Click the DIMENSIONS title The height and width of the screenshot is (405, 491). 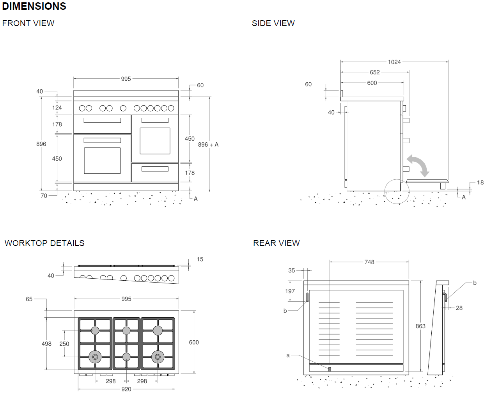34,6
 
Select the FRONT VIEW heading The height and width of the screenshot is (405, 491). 28,23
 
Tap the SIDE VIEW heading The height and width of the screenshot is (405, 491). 273,23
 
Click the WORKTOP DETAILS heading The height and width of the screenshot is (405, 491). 44,243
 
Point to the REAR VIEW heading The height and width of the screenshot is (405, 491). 276,243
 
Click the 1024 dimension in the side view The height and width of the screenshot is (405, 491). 394,62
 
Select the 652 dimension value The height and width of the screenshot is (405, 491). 374,72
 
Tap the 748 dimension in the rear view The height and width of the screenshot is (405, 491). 369,262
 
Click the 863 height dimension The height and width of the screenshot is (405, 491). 420,326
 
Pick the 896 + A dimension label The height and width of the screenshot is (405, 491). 208,145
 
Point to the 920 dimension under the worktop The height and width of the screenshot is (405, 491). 126,389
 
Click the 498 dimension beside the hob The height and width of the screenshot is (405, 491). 46,344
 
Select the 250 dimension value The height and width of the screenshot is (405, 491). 64,344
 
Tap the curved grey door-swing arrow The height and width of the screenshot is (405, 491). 418,165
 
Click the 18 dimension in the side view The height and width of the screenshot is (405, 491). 480,182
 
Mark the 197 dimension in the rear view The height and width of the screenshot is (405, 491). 290,291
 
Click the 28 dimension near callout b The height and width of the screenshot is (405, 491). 459,308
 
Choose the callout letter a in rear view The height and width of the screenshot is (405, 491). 288,355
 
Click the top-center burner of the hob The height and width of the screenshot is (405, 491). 126,331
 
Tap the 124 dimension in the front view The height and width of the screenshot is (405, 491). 57,108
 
